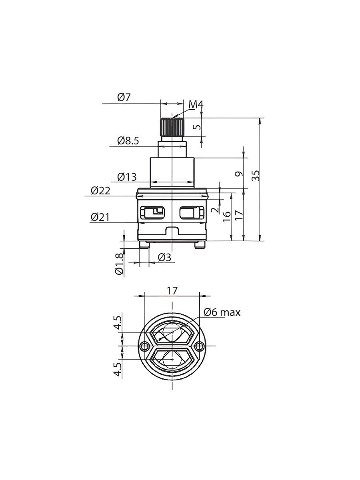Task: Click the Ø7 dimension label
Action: click(124, 97)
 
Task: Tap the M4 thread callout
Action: click(196, 105)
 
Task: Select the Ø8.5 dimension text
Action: click(128, 141)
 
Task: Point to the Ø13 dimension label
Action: click(127, 177)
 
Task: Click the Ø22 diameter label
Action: click(100, 191)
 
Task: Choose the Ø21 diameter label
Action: click(100, 217)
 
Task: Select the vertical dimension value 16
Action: click(227, 216)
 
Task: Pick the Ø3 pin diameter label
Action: click(164, 258)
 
